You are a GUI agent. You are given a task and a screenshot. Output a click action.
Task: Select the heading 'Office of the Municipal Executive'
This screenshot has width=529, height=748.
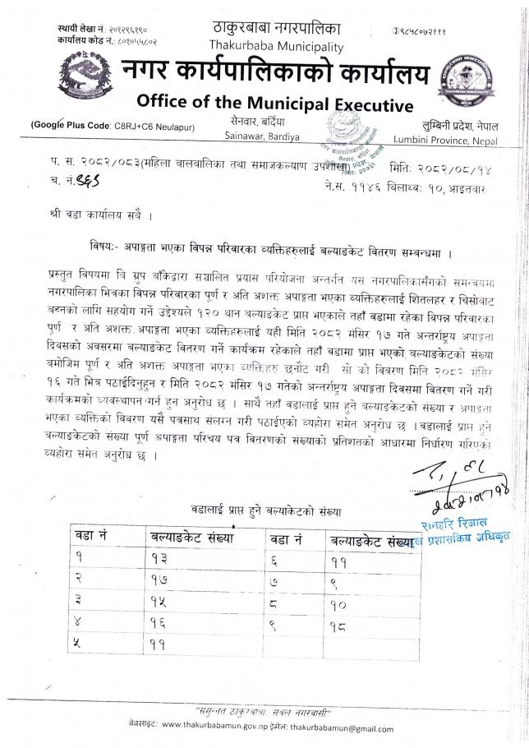pos(274,104)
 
